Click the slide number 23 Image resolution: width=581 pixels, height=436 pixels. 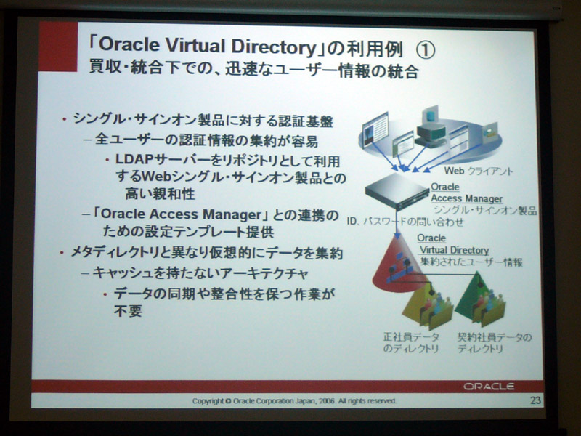point(536,400)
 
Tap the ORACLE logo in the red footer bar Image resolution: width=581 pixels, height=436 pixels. point(488,387)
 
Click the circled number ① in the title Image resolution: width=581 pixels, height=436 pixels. point(426,49)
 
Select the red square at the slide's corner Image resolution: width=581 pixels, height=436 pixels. point(58,47)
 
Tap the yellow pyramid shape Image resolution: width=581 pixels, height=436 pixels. point(426,304)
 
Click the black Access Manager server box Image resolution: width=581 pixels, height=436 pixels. point(397,191)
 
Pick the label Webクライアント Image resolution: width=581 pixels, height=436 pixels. point(479,171)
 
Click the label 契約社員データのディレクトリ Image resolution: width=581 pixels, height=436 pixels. point(495,342)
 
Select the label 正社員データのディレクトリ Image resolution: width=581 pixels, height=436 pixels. point(411,342)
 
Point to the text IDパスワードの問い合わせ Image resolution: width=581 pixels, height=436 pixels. point(405,222)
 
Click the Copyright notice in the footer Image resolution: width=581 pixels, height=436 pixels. point(294,401)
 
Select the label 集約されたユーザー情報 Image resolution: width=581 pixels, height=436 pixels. point(471,262)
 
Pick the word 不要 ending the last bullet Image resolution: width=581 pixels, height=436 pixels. point(128,311)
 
